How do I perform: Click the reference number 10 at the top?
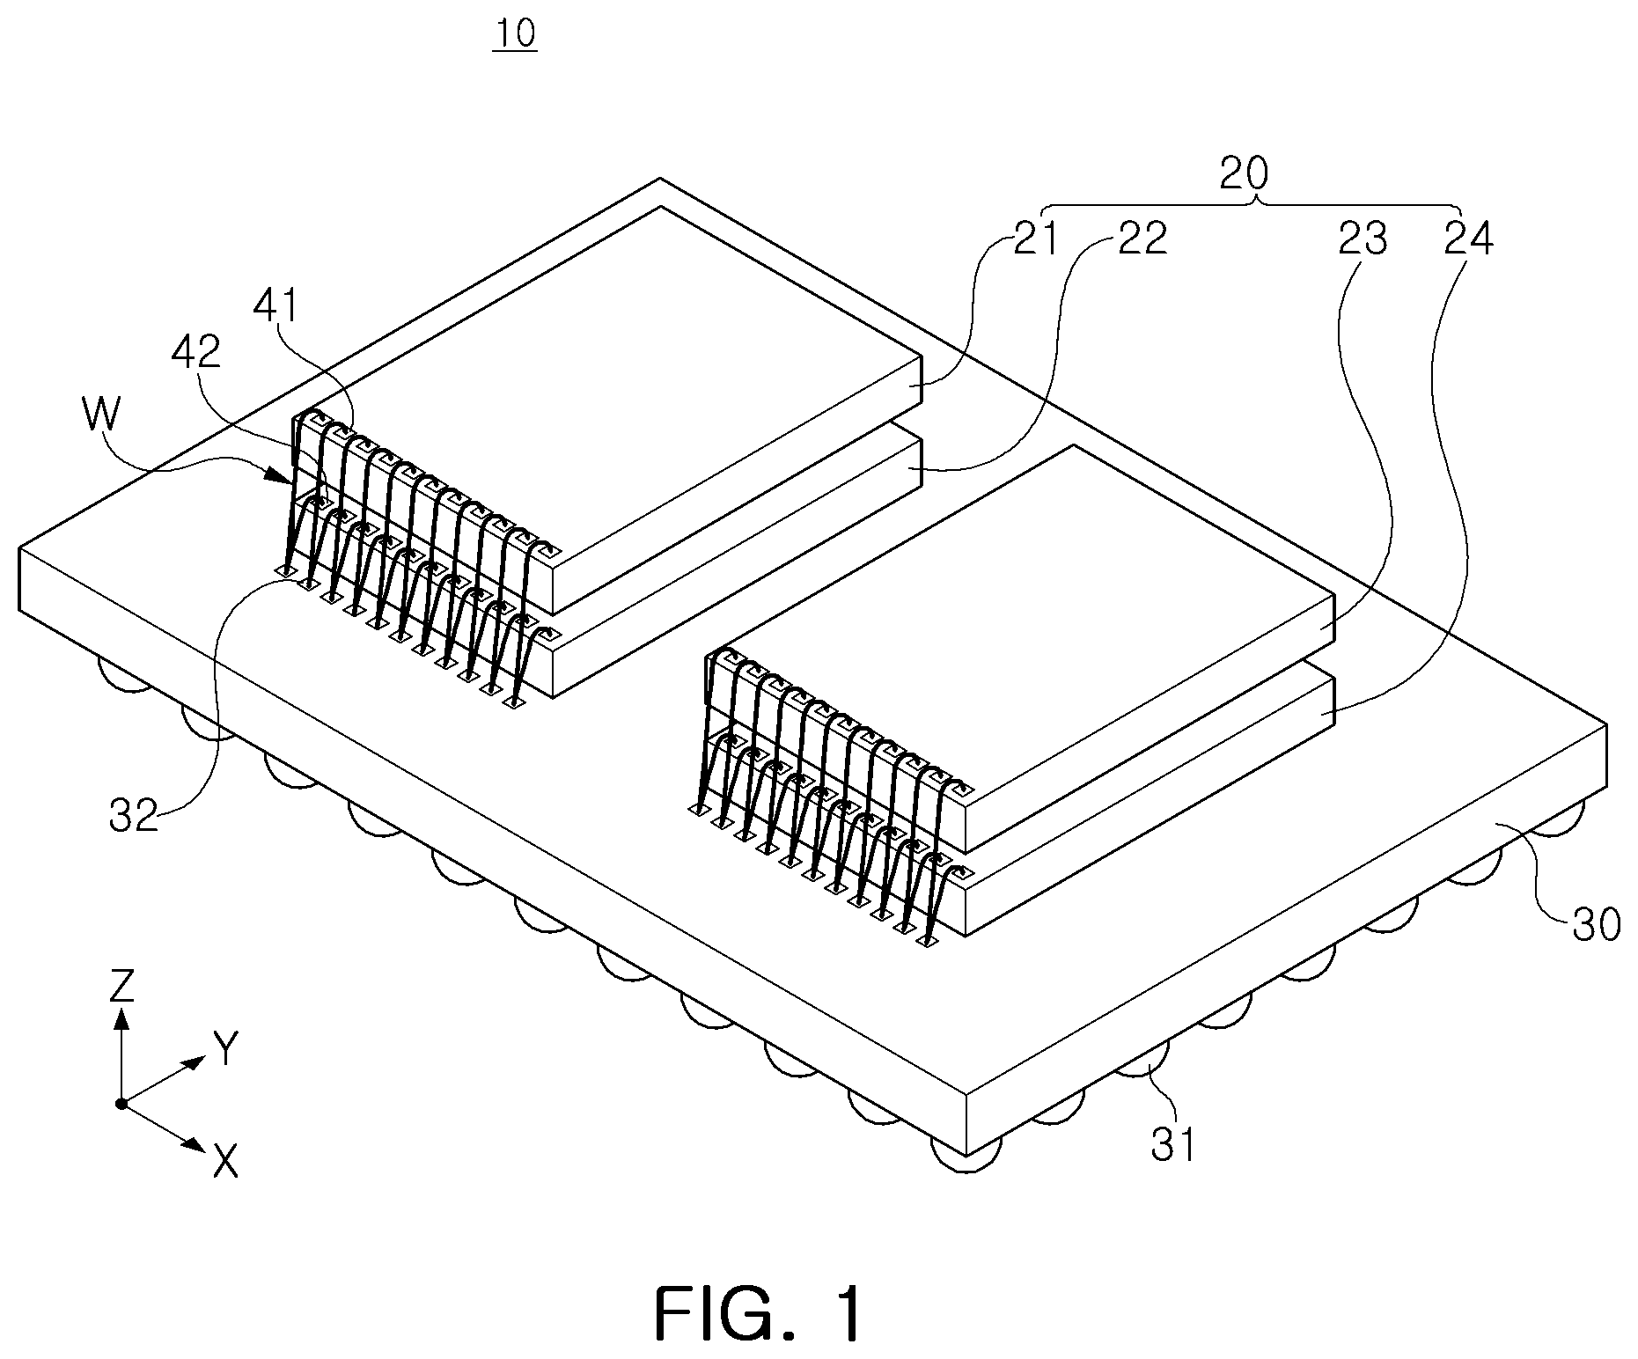[x=515, y=34]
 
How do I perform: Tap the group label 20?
[x=1244, y=174]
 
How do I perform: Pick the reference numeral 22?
[x=1142, y=239]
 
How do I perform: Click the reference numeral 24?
[x=1469, y=239]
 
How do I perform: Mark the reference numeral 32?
[x=134, y=817]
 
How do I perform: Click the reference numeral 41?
[x=276, y=307]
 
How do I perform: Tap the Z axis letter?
[x=121, y=987]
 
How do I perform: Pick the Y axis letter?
[x=226, y=1049]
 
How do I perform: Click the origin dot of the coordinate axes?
[x=121, y=1103]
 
